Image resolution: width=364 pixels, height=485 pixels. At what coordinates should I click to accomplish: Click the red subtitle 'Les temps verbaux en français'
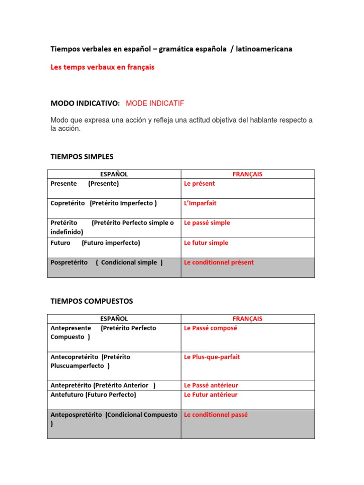point(102,67)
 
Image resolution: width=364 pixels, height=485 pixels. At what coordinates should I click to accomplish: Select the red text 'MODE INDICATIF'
point(155,103)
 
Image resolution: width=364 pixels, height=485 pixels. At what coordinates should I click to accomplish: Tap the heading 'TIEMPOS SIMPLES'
point(82,156)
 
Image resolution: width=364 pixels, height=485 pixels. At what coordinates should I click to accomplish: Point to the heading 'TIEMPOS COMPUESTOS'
point(92,301)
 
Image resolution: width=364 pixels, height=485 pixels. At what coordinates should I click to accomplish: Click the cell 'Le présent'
point(199,184)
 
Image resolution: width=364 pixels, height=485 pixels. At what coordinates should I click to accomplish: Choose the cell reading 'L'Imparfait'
point(200,203)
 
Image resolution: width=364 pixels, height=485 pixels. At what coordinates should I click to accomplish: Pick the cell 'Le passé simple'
point(207,223)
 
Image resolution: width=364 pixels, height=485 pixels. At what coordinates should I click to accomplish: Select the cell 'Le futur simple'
point(206,243)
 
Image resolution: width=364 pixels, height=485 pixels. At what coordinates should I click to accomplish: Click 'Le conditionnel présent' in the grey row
point(218,262)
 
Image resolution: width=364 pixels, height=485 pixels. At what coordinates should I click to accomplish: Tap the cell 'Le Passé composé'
point(210,328)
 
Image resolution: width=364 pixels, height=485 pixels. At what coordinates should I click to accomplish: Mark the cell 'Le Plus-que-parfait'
point(212,357)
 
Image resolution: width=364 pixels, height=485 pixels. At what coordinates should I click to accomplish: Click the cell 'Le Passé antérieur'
point(211,386)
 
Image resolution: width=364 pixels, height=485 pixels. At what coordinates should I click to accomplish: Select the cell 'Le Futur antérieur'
point(210,395)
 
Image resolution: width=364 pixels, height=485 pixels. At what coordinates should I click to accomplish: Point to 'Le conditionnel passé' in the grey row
point(216,415)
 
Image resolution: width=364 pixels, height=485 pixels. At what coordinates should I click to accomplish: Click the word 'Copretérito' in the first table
point(67,203)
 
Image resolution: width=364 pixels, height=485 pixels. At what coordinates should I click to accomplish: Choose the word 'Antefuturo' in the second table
point(67,395)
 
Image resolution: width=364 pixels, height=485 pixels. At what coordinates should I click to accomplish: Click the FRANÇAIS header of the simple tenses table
point(247,174)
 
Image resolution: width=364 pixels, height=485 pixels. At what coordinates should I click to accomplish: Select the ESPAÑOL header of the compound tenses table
point(114,319)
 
